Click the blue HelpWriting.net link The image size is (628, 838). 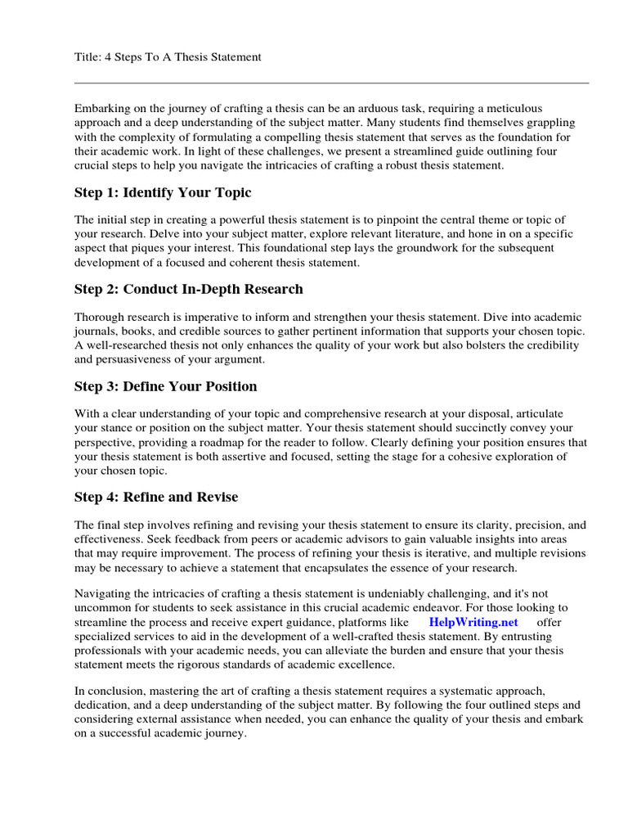[x=473, y=621]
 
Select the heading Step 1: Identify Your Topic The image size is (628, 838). [x=163, y=193]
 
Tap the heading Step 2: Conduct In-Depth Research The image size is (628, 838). [x=188, y=289]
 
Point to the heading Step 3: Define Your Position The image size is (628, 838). [x=165, y=385]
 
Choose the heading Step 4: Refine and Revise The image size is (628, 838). [x=156, y=497]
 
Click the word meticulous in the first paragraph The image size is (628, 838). [x=523, y=108]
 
